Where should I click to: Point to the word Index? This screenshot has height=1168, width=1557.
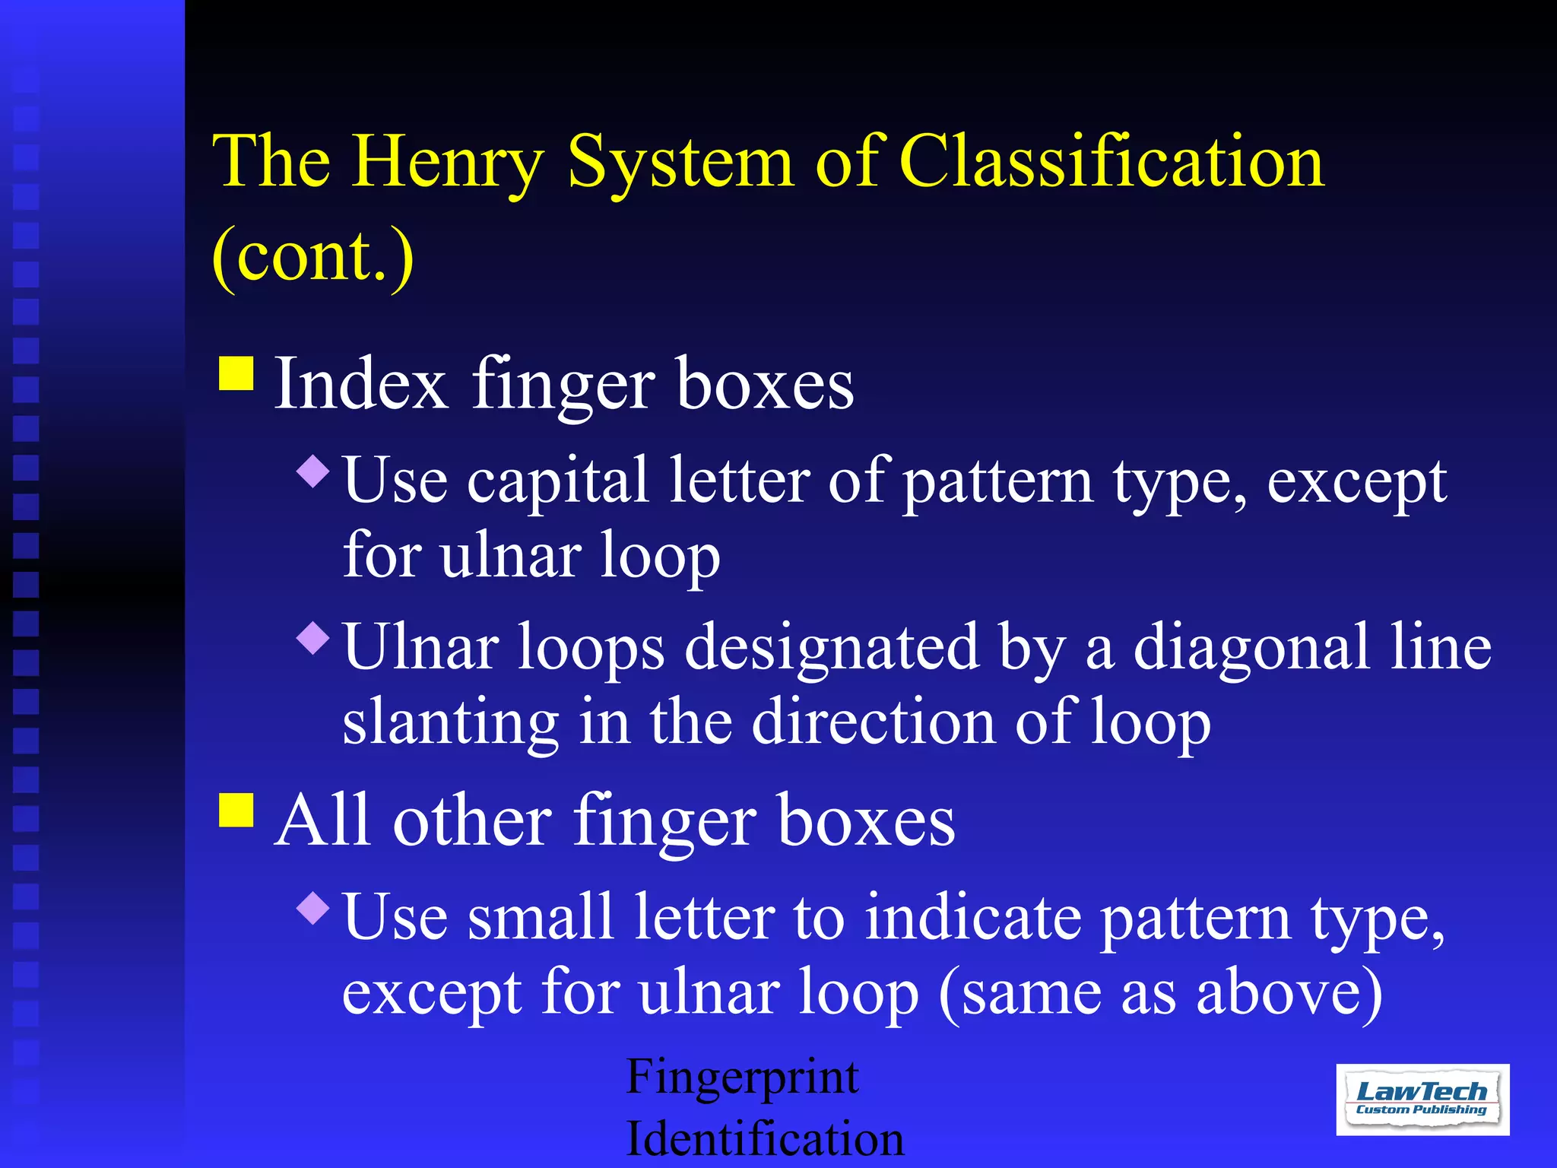pyautogui.click(x=360, y=383)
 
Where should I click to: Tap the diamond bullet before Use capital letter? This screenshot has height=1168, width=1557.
pyautogui.click(x=313, y=471)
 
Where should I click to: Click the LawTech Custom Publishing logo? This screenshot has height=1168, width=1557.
pyautogui.click(x=1422, y=1100)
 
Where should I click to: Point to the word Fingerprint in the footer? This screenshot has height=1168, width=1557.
pyautogui.click(x=742, y=1078)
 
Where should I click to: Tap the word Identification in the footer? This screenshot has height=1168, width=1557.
pyautogui.click(x=765, y=1139)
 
